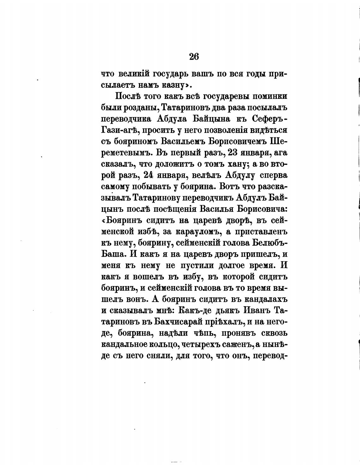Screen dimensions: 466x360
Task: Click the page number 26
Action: (194, 57)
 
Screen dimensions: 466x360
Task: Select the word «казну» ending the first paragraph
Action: (172, 85)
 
